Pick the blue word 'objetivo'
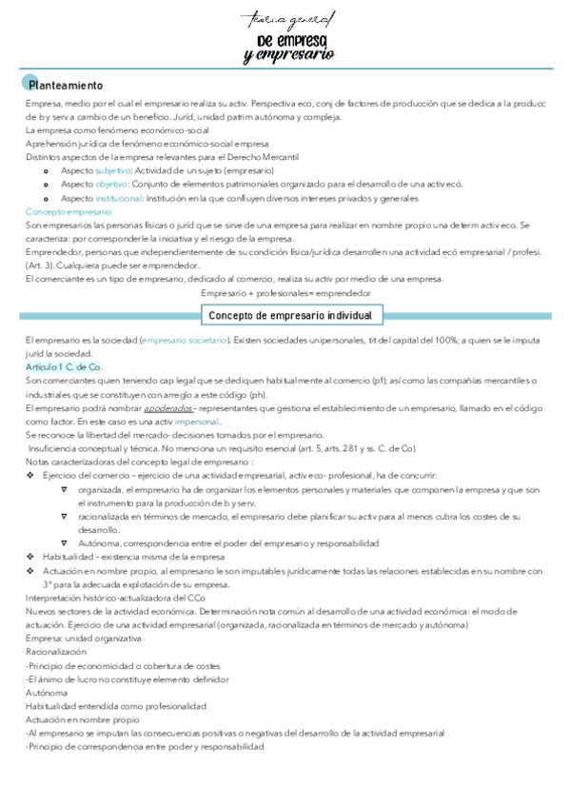click(111, 184)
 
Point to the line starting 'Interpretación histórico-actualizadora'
click(115, 598)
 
